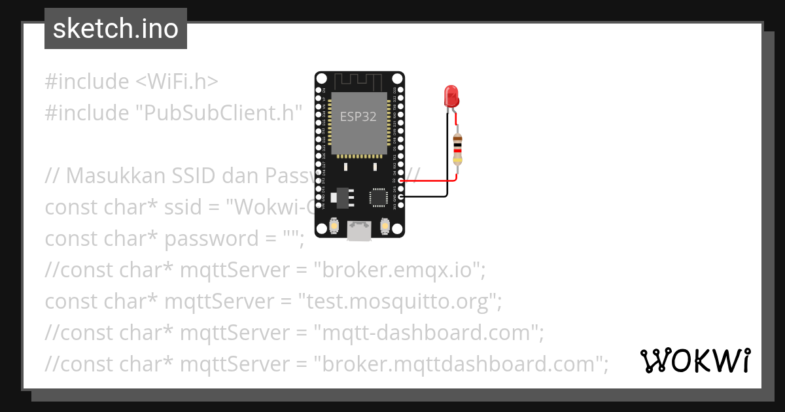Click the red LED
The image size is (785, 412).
coord(451,97)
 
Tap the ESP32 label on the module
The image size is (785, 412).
coord(358,117)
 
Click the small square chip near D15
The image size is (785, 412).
coord(379,196)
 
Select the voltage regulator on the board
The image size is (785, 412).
coord(340,196)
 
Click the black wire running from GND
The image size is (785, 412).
coord(428,196)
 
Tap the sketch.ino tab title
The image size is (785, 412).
coord(116,29)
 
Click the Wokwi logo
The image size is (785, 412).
coord(695,361)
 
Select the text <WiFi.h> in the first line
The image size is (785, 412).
coord(177,82)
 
